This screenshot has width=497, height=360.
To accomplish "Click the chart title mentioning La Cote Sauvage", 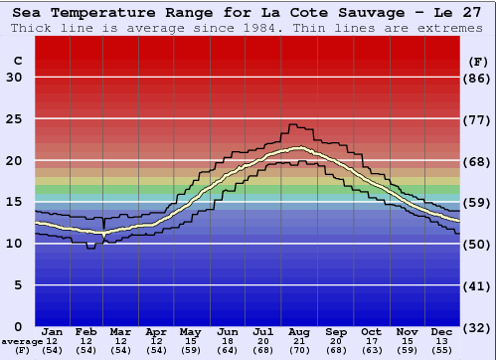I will pyautogui.click(x=248, y=11).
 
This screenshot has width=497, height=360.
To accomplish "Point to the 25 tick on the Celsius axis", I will pyautogui.click(x=14, y=119).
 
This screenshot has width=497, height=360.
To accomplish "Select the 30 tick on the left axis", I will pyautogui.click(x=14, y=78).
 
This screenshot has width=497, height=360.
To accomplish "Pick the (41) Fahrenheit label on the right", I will pyautogui.click(x=478, y=285).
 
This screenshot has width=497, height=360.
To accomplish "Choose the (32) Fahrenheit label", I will pyautogui.click(x=478, y=327).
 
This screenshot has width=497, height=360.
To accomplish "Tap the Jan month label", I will pyautogui.click(x=53, y=332).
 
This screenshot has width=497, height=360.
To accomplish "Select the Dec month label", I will pyautogui.click(x=442, y=332).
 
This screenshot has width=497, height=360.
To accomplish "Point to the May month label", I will pyautogui.click(x=189, y=332).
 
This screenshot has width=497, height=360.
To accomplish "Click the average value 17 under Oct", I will pyautogui.click(x=371, y=341).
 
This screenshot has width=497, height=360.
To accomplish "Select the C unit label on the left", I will pyautogui.click(x=18, y=61).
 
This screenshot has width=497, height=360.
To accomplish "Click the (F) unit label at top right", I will pyautogui.click(x=478, y=61).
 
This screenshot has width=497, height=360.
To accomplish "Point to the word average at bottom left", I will pyautogui.click(x=22, y=341).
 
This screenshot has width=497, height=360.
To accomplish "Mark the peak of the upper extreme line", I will pyautogui.click(x=291, y=125).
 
